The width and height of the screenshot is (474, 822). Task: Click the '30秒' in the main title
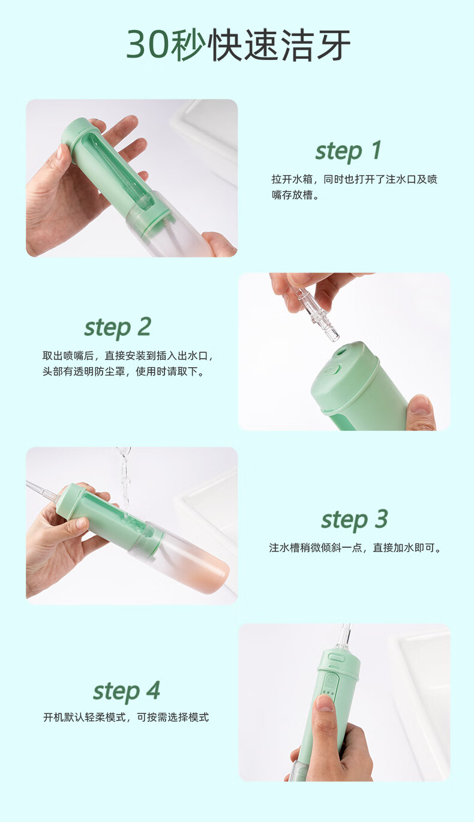(166, 45)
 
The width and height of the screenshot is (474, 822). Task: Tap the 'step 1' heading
(348, 151)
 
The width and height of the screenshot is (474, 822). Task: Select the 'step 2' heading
(118, 327)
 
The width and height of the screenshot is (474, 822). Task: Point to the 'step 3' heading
(355, 519)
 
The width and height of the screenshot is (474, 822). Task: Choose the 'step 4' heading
(127, 691)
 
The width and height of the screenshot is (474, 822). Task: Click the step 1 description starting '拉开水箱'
(355, 179)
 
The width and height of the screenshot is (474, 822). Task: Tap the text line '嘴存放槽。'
(295, 195)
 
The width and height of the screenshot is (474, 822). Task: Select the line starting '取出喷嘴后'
(128, 356)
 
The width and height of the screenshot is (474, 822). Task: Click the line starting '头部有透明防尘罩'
(124, 371)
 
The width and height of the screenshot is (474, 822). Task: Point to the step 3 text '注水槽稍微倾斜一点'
(316, 548)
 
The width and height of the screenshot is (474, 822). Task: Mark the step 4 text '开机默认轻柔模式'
(85, 717)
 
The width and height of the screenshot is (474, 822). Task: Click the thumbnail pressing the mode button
(325, 703)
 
